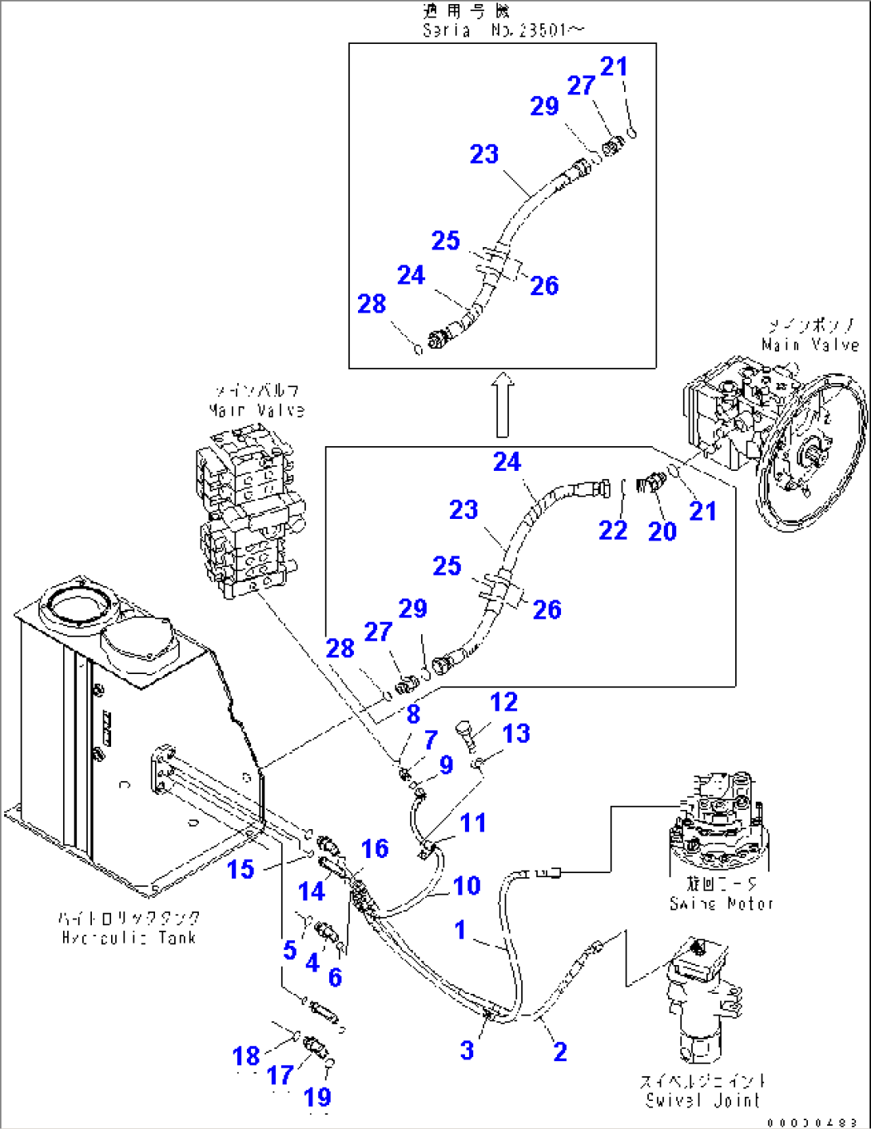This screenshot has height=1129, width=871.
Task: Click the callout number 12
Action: (503, 702)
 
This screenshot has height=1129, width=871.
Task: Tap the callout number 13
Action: (516, 733)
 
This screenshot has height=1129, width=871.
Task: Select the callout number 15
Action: (241, 869)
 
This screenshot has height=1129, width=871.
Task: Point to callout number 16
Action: (374, 848)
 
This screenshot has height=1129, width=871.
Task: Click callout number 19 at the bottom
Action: (317, 1097)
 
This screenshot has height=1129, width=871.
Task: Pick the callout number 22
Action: (613, 530)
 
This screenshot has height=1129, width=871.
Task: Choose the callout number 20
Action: (662, 531)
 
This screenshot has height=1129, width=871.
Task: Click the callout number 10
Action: (467, 886)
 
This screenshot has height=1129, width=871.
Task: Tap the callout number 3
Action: (467, 1051)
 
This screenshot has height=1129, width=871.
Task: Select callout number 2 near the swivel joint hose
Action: (560, 1051)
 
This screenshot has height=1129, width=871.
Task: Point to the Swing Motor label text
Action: (722, 904)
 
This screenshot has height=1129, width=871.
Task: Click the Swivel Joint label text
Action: (702, 1100)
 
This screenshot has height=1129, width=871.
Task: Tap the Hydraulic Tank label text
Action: (129, 937)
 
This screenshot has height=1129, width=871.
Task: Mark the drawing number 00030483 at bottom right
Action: (812, 1122)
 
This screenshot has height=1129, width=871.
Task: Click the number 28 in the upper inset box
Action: (372, 304)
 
